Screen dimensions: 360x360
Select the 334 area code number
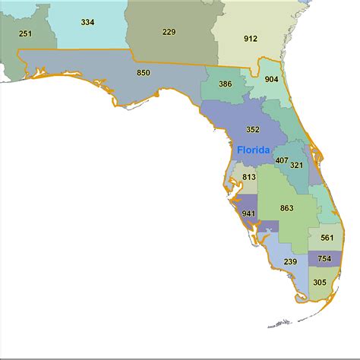tap(87, 22)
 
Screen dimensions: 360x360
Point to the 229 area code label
tap(169, 32)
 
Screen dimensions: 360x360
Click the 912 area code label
tap(251, 38)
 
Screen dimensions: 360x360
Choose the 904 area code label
tap(271, 78)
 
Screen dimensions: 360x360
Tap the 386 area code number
tap(225, 85)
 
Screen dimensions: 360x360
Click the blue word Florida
tap(253, 150)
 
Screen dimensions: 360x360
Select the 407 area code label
tap(282, 161)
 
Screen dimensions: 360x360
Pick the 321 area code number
tap(297, 166)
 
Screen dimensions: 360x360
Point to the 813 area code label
tap(249, 177)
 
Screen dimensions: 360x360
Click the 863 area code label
tap(286, 207)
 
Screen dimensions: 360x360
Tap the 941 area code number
tap(248, 213)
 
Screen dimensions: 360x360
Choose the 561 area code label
tap(327, 238)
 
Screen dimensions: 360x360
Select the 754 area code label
tap(324, 259)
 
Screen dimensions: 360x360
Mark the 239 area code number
tap(290, 262)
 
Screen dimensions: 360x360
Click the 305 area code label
tap(319, 283)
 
